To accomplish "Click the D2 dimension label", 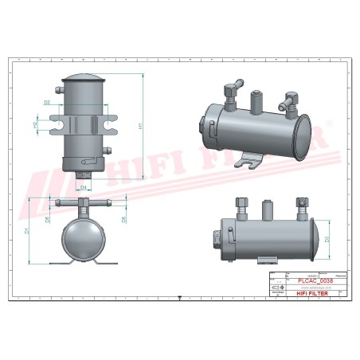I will pos(47,103).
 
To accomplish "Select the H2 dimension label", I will pos(36,125).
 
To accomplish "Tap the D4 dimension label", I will pos(84,186).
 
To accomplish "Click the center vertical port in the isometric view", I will pos(256,102).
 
